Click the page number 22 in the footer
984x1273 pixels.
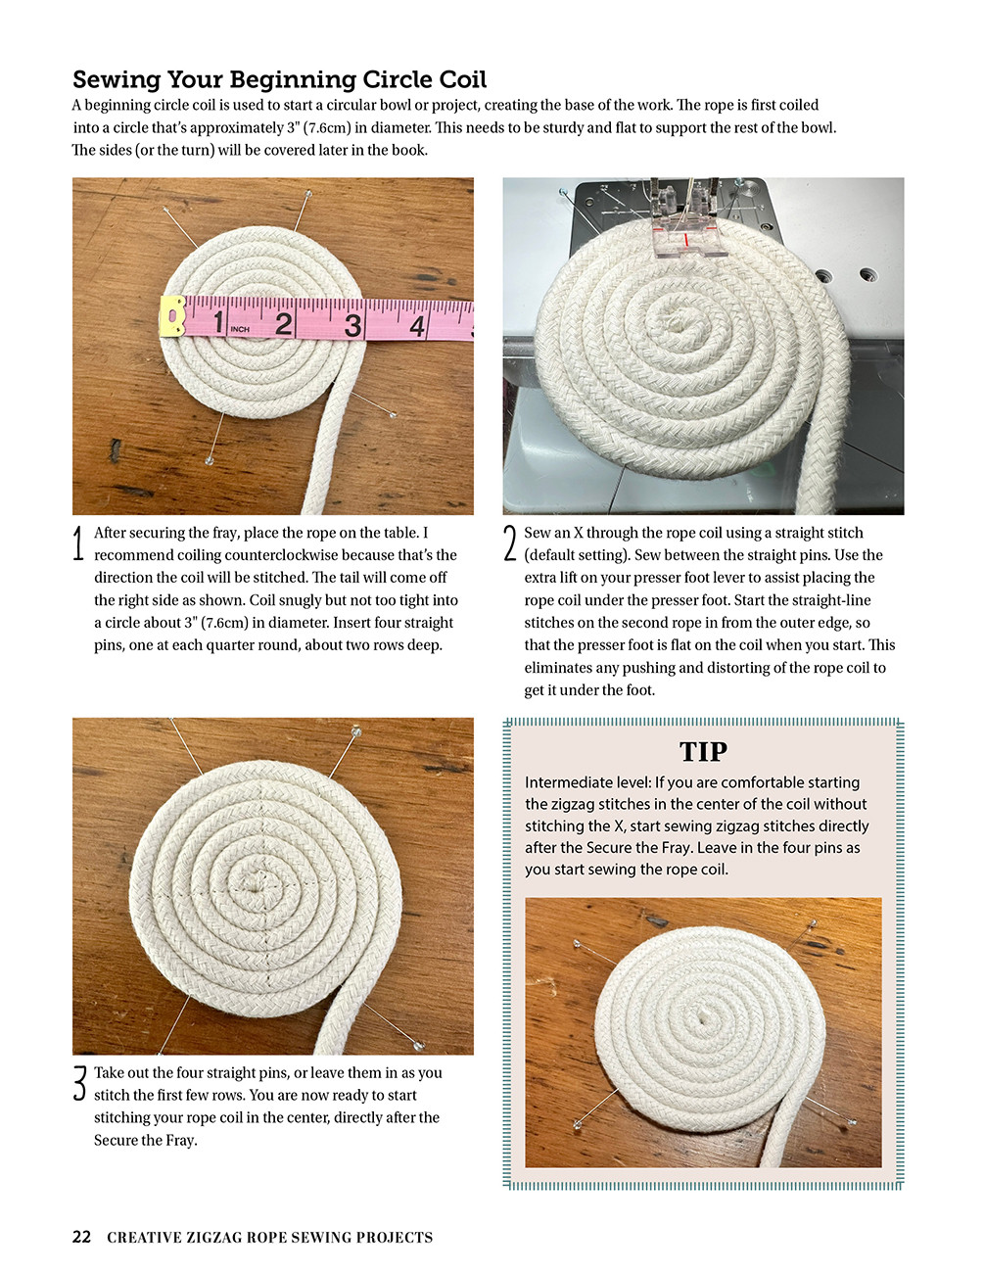81,1237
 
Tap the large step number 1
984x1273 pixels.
79,543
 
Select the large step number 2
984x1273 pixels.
509,543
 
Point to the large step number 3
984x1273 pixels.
79,1084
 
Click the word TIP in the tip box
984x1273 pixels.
703,752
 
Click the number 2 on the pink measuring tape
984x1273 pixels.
283,322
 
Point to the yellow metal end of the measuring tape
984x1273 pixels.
173,317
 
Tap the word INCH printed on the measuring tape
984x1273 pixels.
240,330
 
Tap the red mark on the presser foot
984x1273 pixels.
687,239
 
